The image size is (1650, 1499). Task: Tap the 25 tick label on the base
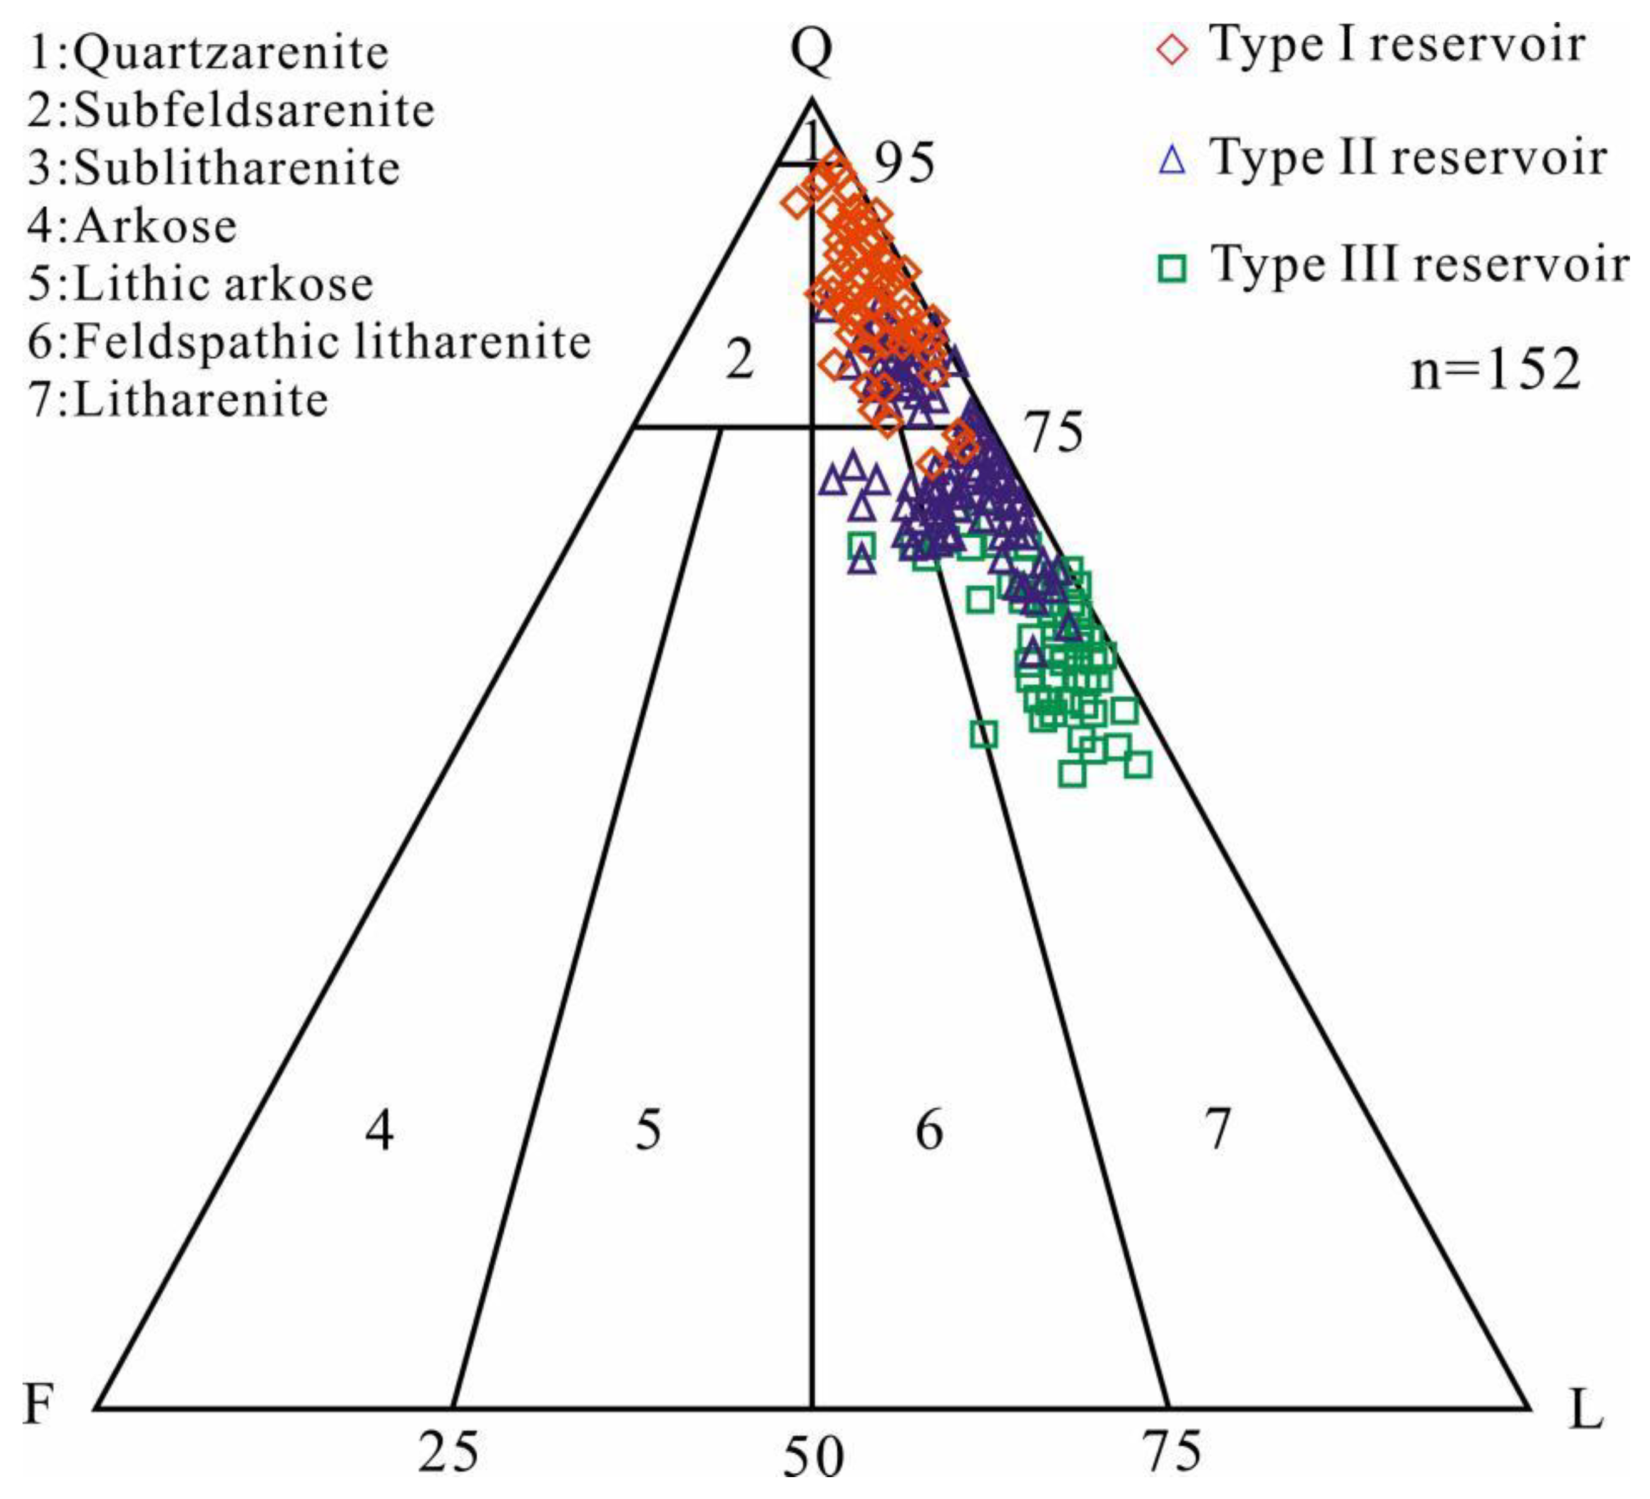coord(447,1451)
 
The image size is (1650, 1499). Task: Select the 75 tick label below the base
coord(1172,1451)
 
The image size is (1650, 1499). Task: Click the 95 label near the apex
coord(904,162)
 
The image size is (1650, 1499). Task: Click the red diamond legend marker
coord(1173,48)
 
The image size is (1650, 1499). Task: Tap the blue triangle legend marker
coord(1173,159)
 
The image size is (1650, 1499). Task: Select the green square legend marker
coord(1173,269)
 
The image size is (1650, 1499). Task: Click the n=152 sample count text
coord(1495,370)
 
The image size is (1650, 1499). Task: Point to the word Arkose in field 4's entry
coord(156,226)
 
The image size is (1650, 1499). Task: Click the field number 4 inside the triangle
coord(379,1130)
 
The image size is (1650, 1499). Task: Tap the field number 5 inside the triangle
coord(648,1130)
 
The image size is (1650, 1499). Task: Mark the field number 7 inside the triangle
coord(1218,1130)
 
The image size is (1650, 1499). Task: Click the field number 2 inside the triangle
coord(739,361)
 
